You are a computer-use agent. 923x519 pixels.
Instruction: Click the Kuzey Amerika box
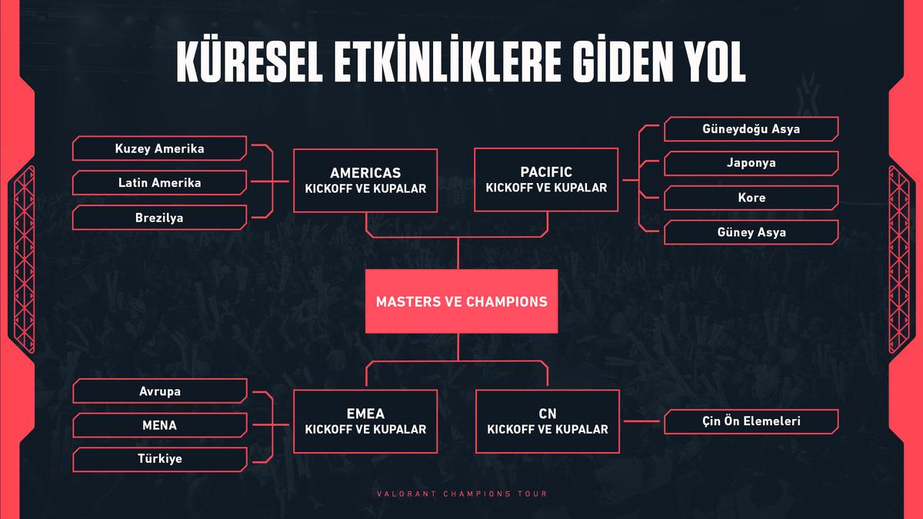coord(159,148)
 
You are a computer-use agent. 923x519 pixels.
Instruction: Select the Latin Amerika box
coord(159,183)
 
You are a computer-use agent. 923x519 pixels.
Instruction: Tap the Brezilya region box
coord(159,218)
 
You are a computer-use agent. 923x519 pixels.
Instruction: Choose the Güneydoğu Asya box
coord(751,129)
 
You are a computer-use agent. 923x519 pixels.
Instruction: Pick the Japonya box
coord(751,163)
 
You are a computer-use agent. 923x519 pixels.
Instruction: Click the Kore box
coord(751,198)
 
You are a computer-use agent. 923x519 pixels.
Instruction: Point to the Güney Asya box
coord(751,232)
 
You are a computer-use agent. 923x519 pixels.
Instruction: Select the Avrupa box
coord(160,391)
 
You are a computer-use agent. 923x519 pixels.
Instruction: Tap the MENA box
coord(160,425)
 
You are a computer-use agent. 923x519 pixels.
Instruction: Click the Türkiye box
coord(160,459)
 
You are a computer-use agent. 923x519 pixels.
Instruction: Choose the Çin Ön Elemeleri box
coord(751,421)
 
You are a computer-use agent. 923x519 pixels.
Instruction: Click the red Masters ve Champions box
coord(461,301)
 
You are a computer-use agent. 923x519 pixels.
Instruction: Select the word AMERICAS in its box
coord(365,172)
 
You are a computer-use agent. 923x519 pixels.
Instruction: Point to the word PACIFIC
coord(546,171)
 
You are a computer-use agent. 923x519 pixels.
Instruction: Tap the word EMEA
coord(365,414)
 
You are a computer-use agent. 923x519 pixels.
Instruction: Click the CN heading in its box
coord(548,414)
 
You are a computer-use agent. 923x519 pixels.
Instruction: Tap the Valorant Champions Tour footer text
coord(462,494)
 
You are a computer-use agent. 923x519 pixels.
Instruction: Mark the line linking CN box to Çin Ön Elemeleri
coord(641,421)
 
